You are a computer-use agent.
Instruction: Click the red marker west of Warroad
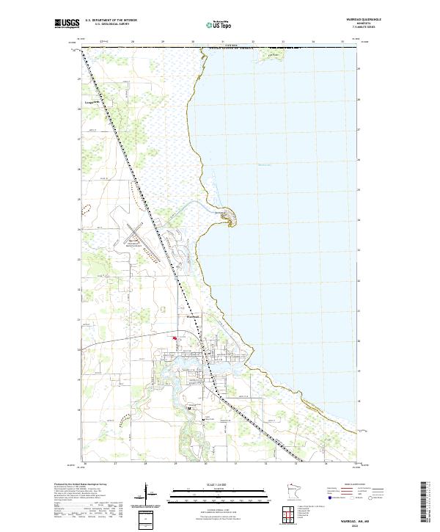click(x=174, y=338)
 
